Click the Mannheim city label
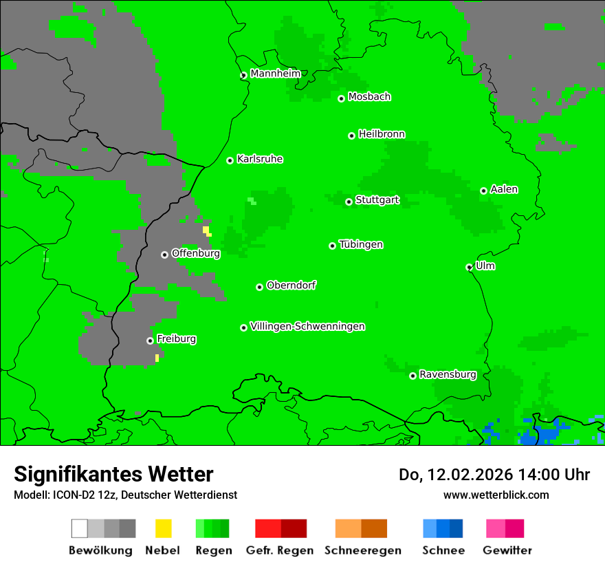tap(275, 74)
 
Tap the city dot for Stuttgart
tap(349, 202)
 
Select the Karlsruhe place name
tap(260, 159)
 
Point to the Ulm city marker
tap(470, 267)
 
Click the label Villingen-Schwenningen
tap(307, 326)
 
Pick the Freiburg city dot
tap(150, 341)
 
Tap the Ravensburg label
tap(448, 374)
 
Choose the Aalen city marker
tap(484, 191)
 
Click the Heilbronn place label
tap(382, 134)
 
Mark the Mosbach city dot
tap(341, 98)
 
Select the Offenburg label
tap(196, 253)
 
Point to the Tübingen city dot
tap(333, 246)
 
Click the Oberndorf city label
tap(291, 285)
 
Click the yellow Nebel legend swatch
tap(164, 528)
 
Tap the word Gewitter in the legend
tap(507, 550)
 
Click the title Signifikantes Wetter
tap(113, 474)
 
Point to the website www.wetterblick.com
tap(496, 495)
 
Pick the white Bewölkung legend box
tap(80, 528)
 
